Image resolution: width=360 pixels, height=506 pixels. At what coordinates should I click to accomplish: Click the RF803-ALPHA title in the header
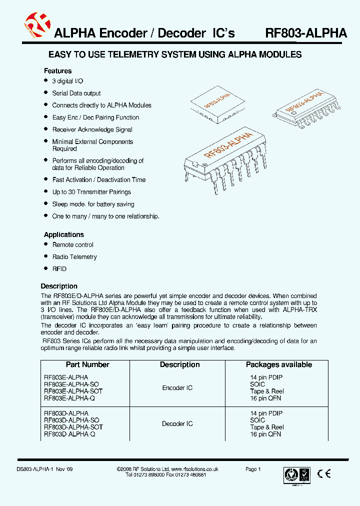click(x=305, y=33)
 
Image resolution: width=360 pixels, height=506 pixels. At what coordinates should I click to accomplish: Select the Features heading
click(x=57, y=71)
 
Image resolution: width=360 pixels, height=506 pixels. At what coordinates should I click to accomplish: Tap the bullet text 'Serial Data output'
click(x=76, y=93)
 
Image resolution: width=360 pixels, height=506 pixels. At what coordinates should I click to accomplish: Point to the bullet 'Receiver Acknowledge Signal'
click(x=92, y=129)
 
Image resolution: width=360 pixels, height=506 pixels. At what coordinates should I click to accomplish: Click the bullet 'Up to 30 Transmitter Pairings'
click(x=91, y=192)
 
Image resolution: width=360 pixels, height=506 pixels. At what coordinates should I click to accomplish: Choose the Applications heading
click(x=63, y=234)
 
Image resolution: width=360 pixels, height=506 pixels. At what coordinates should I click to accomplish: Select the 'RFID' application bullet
click(x=59, y=269)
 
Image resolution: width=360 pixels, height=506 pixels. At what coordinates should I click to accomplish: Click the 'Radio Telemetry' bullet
click(x=74, y=257)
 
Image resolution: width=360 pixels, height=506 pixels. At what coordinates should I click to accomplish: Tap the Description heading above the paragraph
click(x=59, y=286)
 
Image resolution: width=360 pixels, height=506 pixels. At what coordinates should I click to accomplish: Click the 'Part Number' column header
click(x=87, y=365)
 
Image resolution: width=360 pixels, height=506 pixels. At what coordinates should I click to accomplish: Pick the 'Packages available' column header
click(x=278, y=365)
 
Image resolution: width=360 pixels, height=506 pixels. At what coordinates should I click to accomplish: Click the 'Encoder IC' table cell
click(x=177, y=388)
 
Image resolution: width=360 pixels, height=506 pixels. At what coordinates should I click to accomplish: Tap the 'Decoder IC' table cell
click(x=177, y=424)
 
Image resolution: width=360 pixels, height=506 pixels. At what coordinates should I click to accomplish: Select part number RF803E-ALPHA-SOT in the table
click(x=73, y=391)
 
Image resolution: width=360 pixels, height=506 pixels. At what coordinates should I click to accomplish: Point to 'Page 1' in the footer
click(x=253, y=469)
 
